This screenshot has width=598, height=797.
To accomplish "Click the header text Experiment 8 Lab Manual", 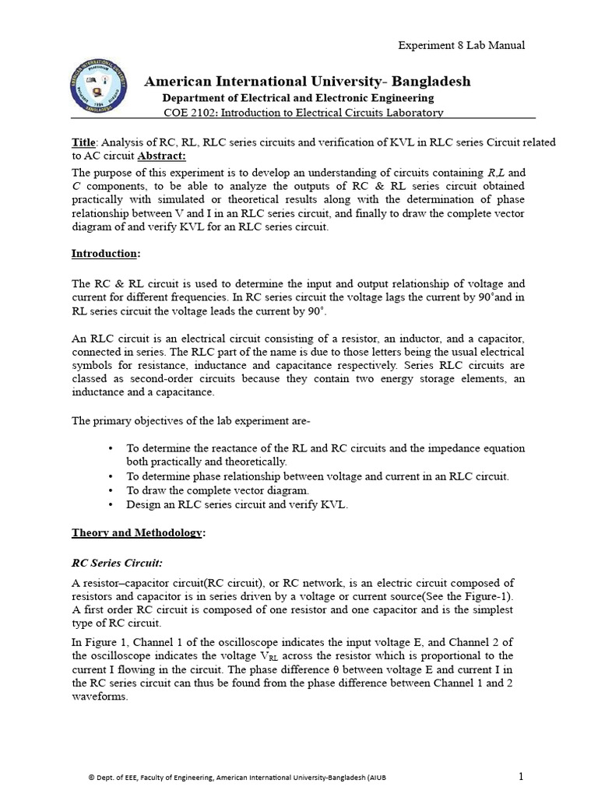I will (462, 45).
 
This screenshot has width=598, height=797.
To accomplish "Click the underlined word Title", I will (83, 142).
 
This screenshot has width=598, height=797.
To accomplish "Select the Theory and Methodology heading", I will (139, 532).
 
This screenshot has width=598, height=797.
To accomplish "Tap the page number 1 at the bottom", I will (522, 776).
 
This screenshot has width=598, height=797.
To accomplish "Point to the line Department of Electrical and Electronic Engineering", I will (297, 98).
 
